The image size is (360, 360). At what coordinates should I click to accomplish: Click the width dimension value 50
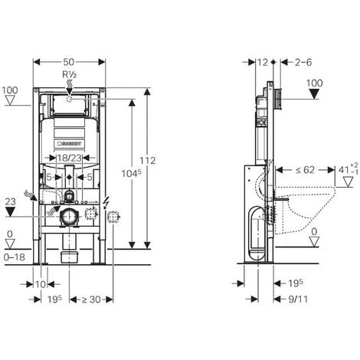69,61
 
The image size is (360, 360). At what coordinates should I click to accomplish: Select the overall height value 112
148,161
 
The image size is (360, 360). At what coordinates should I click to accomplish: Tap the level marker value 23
10,201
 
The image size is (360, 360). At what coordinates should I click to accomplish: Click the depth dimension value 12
263,61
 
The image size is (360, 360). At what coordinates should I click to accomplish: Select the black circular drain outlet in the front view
69,215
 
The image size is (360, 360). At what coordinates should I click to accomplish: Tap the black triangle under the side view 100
314,94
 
